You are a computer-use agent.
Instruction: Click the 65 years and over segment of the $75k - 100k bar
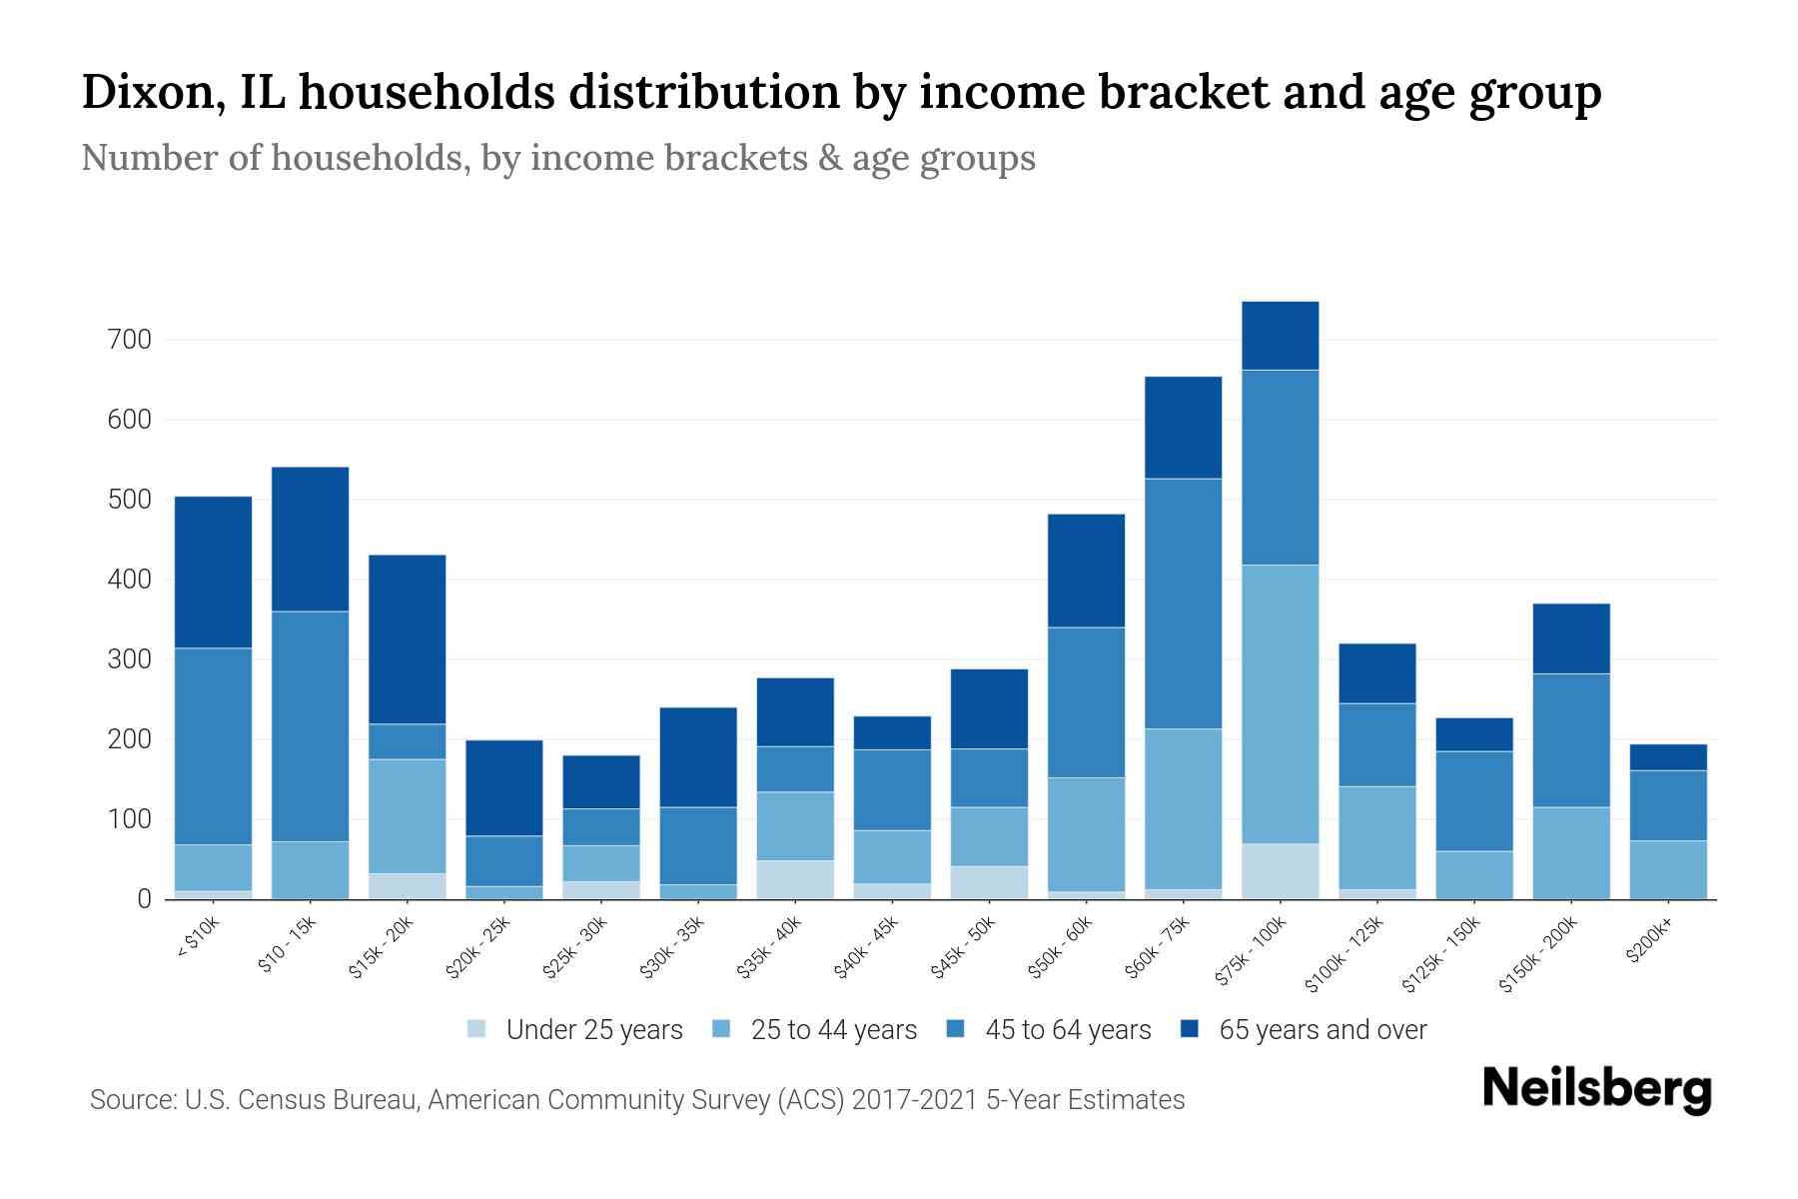tap(1280, 336)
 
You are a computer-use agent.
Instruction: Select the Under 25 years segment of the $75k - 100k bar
tap(1280, 871)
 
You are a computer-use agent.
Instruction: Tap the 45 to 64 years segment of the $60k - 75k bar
tap(1183, 603)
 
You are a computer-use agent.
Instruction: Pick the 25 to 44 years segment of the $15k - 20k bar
tap(408, 816)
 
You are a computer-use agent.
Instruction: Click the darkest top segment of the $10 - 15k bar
tap(311, 539)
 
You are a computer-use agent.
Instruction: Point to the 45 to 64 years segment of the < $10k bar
tap(214, 746)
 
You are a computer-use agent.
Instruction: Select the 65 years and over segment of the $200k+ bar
tap(1667, 757)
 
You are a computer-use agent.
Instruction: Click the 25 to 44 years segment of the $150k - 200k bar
tap(1570, 853)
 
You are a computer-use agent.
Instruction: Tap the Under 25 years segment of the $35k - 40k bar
tap(795, 879)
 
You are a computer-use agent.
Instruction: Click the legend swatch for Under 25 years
tap(477, 1029)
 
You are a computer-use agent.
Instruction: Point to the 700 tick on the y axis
tap(129, 340)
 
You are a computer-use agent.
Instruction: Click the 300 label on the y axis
tap(129, 659)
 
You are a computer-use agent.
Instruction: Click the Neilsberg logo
tap(1596, 1088)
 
